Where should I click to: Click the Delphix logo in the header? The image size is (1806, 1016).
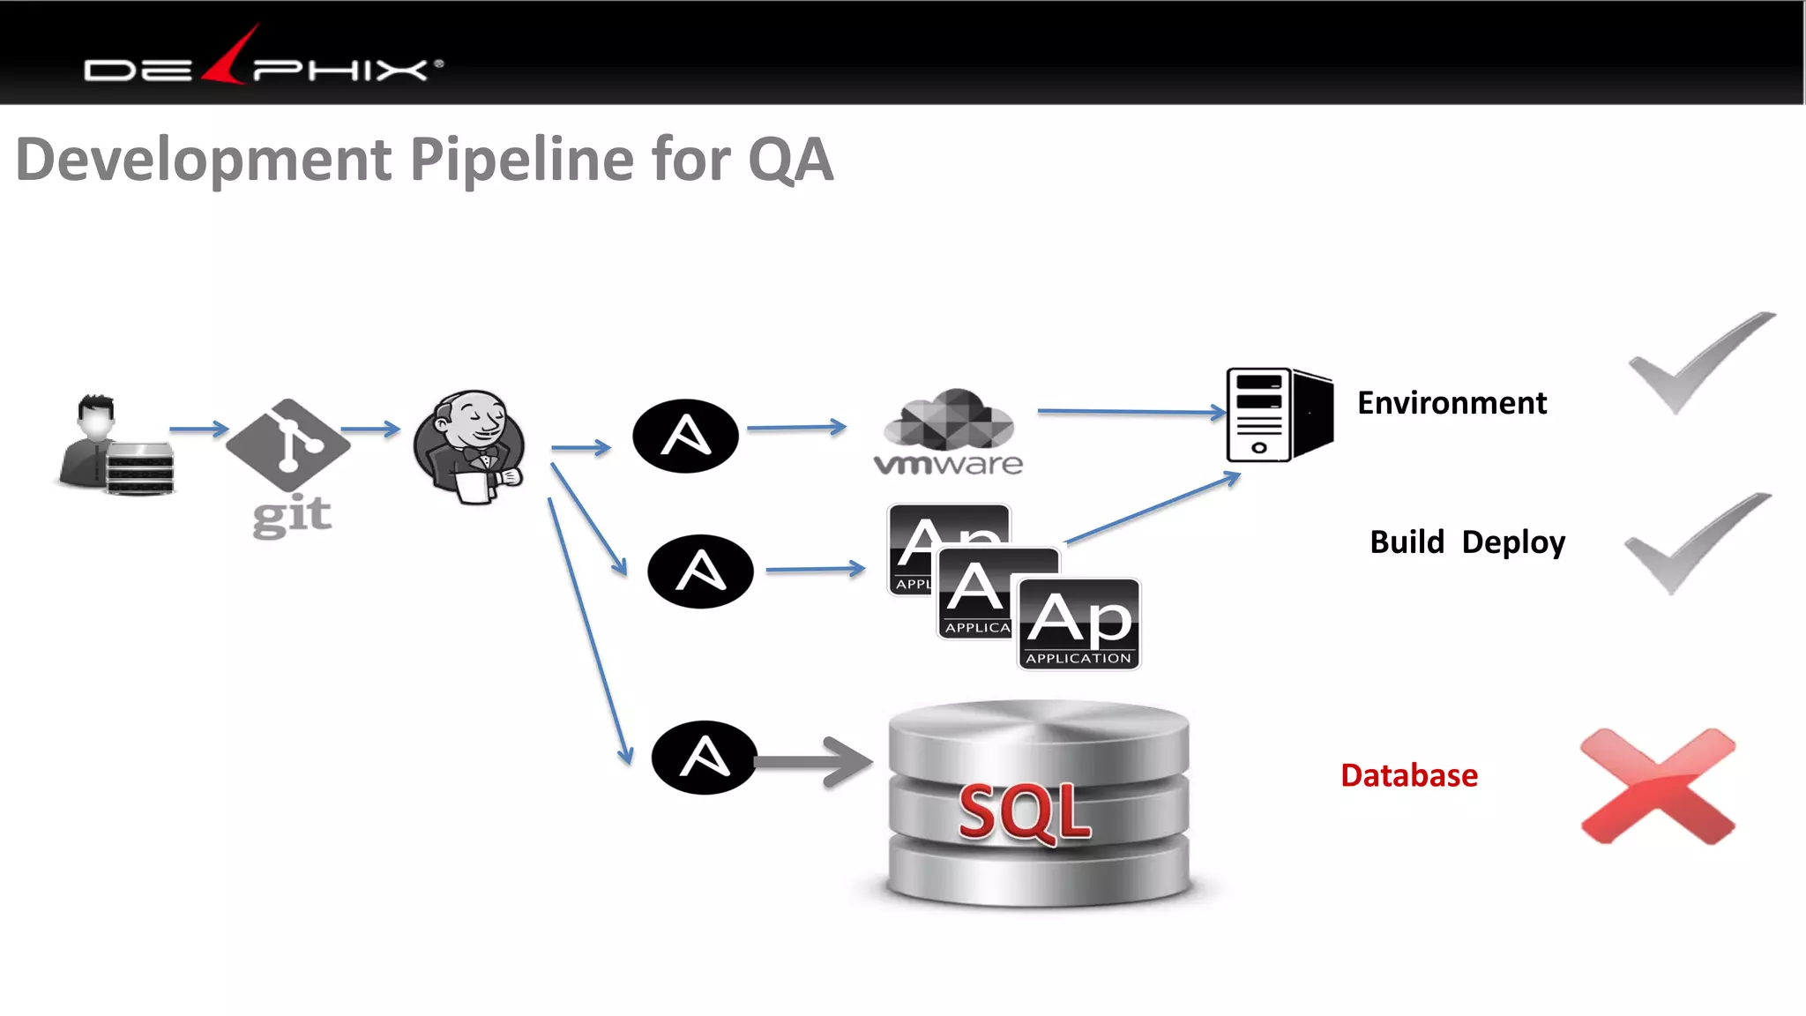click(263, 62)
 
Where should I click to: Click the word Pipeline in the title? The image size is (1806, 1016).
click(522, 160)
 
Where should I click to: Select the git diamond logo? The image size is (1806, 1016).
click(287, 444)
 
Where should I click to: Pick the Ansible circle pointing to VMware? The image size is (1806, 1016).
click(685, 436)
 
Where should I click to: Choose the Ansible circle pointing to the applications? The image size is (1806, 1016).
click(700, 571)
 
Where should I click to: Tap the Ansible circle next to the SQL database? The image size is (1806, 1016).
click(704, 757)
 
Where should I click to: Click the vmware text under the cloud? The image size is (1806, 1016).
click(948, 464)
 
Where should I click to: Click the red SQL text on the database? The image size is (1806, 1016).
click(1024, 811)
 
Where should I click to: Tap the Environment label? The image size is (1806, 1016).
click(1452, 403)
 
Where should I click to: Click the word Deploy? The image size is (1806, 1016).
click(1513, 542)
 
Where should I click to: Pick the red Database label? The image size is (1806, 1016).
click(1408, 775)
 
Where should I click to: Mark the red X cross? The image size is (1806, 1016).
click(1658, 785)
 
